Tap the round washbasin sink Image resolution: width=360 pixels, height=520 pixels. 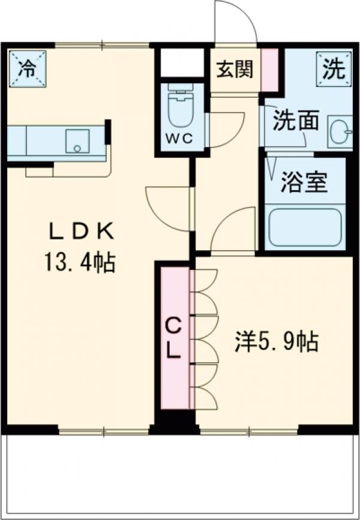click(x=339, y=130)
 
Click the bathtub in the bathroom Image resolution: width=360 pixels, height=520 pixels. click(x=305, y=227)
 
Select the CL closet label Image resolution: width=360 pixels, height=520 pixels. click(x=173, y=339)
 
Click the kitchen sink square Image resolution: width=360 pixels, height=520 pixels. click(x=77, y=140)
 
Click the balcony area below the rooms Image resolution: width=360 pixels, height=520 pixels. click(x=180, y=474)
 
